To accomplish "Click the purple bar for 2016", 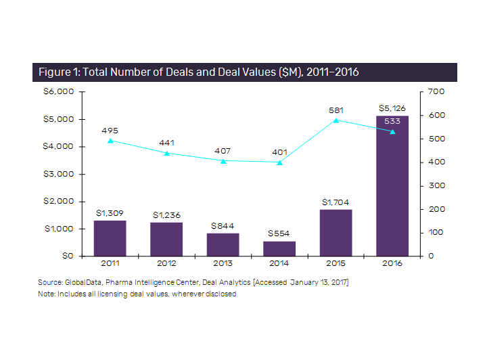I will (392, 186).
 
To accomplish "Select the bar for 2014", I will (279, 248).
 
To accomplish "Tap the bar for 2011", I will (110, 238).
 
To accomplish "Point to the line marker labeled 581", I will (336, 120).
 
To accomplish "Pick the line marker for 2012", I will (166, 153).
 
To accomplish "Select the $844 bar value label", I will (223, 225).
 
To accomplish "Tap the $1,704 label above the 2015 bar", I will (336, 201).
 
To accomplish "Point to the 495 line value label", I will (110, 130).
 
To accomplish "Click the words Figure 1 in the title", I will (58, 72).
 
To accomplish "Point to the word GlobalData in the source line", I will (81, 280).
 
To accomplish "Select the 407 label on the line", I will (223, 150).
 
